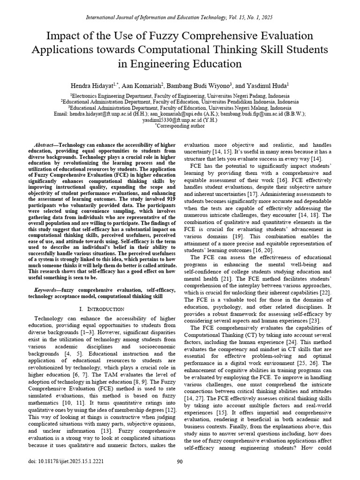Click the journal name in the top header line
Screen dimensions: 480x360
coord(155,17)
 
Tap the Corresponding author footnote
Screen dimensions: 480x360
coord(180,126)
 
